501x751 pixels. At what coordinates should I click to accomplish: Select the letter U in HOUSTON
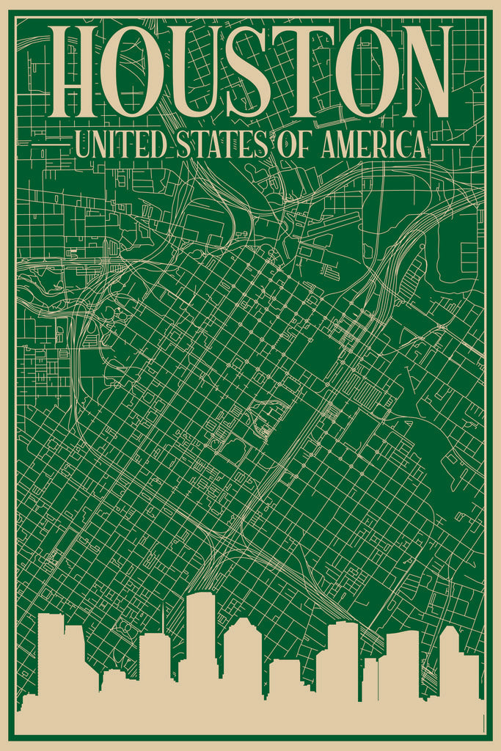[194, 72]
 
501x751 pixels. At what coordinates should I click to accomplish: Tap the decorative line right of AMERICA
[449, 144]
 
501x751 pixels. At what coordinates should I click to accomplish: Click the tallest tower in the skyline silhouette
[200, 638]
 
